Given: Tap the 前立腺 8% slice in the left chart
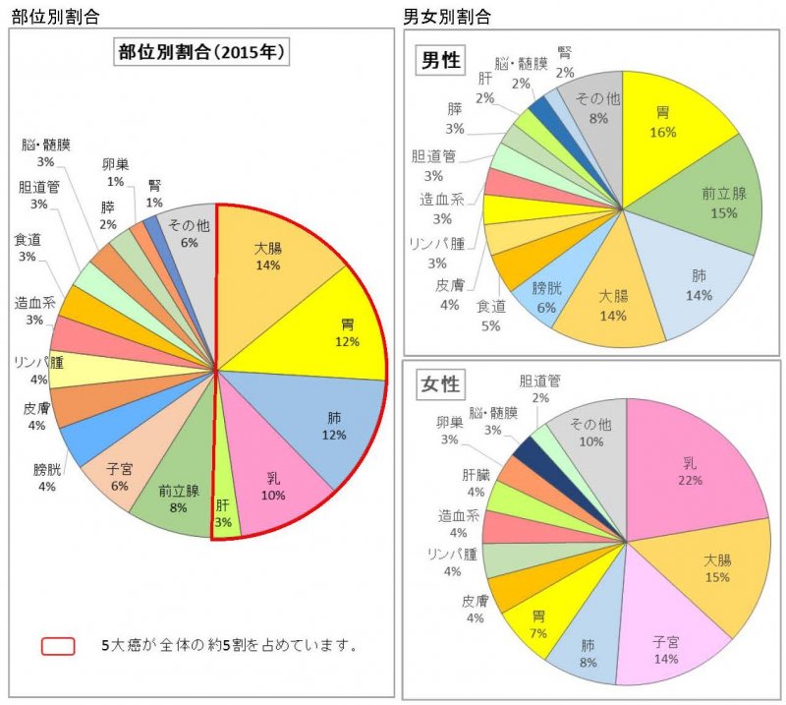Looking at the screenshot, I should click(x=178, y=497).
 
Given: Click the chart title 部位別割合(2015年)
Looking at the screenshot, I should click(x=201, y=52).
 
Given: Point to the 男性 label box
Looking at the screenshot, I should click(x=441, y=60).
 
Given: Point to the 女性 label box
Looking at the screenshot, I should click(x=441, y=382).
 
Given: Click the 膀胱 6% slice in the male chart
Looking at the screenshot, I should click(x=546, y=296).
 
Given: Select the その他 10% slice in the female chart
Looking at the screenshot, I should click(x=589, y=434).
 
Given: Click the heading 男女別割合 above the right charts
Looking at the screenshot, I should click(x=448, y=16).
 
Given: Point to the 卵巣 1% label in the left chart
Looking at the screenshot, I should click(x=115, y=173).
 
